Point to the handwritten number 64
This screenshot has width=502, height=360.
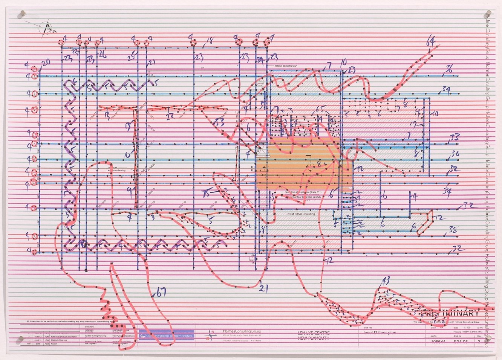pos(430,41)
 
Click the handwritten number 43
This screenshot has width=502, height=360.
pos(386,280)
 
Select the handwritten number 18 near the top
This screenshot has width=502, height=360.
pos(210,40)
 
